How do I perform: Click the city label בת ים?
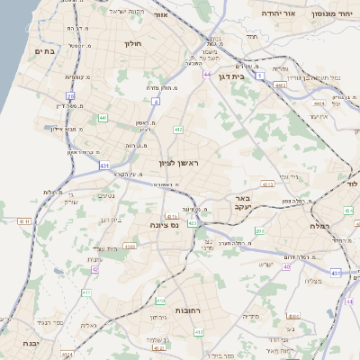45,52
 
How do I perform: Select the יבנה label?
25,344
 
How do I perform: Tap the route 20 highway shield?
70,94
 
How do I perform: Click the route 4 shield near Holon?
155,102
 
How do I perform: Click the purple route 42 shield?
94,268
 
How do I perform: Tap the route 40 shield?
287,266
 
